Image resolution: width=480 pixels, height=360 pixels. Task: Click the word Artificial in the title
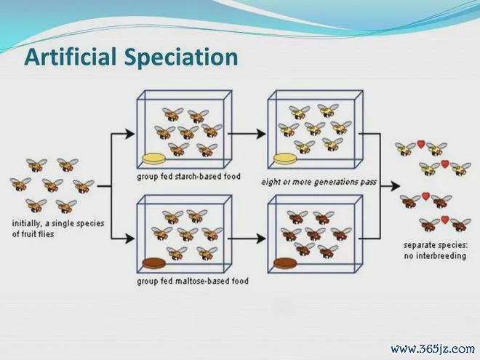click(71, 57)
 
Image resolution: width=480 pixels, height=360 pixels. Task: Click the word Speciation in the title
click(181, 58)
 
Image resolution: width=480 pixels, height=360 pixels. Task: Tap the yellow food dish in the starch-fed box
click(154, 159)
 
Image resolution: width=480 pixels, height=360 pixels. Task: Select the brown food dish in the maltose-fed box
click(154, 263)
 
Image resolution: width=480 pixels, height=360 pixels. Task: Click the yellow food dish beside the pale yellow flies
click(285, 159)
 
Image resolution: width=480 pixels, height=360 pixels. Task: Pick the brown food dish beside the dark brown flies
click(285, 263)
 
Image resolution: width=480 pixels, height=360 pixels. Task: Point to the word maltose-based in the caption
click(202, 281)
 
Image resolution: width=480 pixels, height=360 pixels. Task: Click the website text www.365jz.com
click(433, 348)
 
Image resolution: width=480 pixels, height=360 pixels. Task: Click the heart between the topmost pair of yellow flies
click(421, 144)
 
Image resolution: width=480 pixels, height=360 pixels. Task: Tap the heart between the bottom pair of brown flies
click(445, 220)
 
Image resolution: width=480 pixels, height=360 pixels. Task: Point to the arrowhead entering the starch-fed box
click(129, 134)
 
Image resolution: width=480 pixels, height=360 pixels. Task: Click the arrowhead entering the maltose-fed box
click(129, 239)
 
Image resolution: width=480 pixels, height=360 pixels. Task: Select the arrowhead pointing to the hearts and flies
click(395, 185)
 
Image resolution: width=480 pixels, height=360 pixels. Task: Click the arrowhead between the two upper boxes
click(261, 134)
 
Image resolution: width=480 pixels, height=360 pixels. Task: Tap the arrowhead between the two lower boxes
click(261, 239)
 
